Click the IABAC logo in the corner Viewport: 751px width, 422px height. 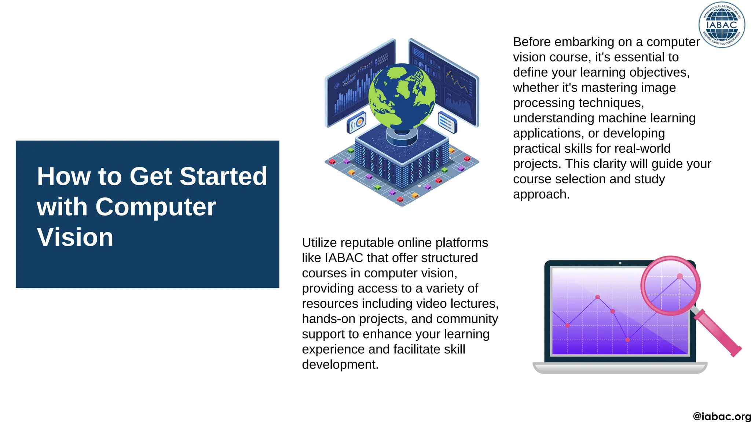click(x=722, y=25)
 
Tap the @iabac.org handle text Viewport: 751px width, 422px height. click(x=721, y=417)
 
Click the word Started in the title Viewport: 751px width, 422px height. click(x=223, y=177)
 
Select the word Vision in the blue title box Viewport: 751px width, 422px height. click(x=75, y=237)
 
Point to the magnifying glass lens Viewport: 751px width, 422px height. click(x=671, y=285)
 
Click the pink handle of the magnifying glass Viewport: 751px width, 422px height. click(x=718, y=333)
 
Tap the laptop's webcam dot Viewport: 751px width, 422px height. click(x=620, y=263)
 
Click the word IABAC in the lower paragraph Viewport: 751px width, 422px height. click(x=344, y=258)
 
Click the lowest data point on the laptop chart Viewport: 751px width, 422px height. click(x=628, y=340)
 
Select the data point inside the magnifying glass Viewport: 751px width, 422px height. click(x=679, y=277)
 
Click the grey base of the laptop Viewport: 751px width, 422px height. click(x=620, y=368)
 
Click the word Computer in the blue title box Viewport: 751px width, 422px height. click(x=155, y=207)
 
